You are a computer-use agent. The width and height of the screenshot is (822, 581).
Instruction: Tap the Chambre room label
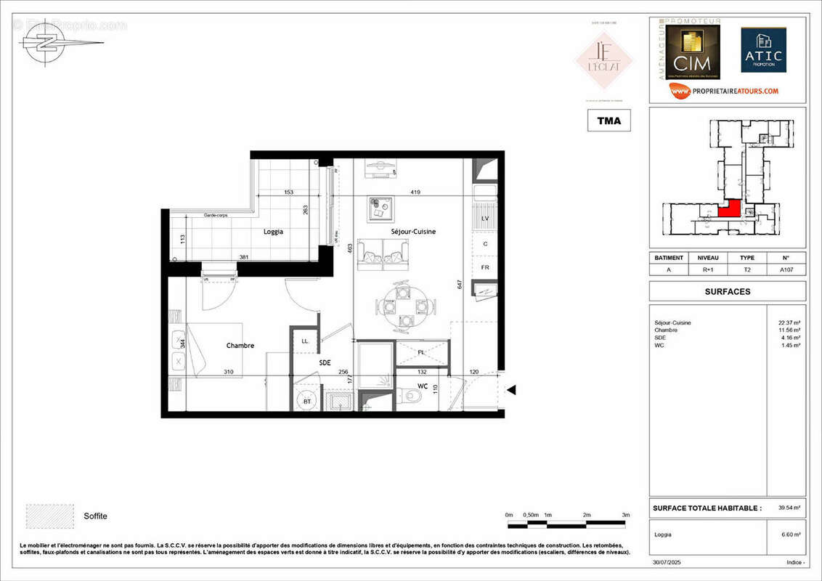[240, 346]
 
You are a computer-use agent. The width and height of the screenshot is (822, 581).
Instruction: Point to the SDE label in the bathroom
[325, 362]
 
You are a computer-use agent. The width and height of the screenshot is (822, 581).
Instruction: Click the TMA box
[609, 121]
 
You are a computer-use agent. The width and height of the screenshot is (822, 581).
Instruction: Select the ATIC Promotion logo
[763, 51]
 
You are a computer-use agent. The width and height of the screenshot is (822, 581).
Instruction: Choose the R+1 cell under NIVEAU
[708, 269]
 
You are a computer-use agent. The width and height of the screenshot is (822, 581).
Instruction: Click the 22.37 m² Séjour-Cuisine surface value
[789, 322]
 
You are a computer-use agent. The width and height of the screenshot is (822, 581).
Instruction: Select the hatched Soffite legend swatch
[49, 516]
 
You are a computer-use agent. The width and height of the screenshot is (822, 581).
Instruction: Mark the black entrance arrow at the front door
[511, 391]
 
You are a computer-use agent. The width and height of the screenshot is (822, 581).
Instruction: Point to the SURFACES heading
[728, 291]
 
